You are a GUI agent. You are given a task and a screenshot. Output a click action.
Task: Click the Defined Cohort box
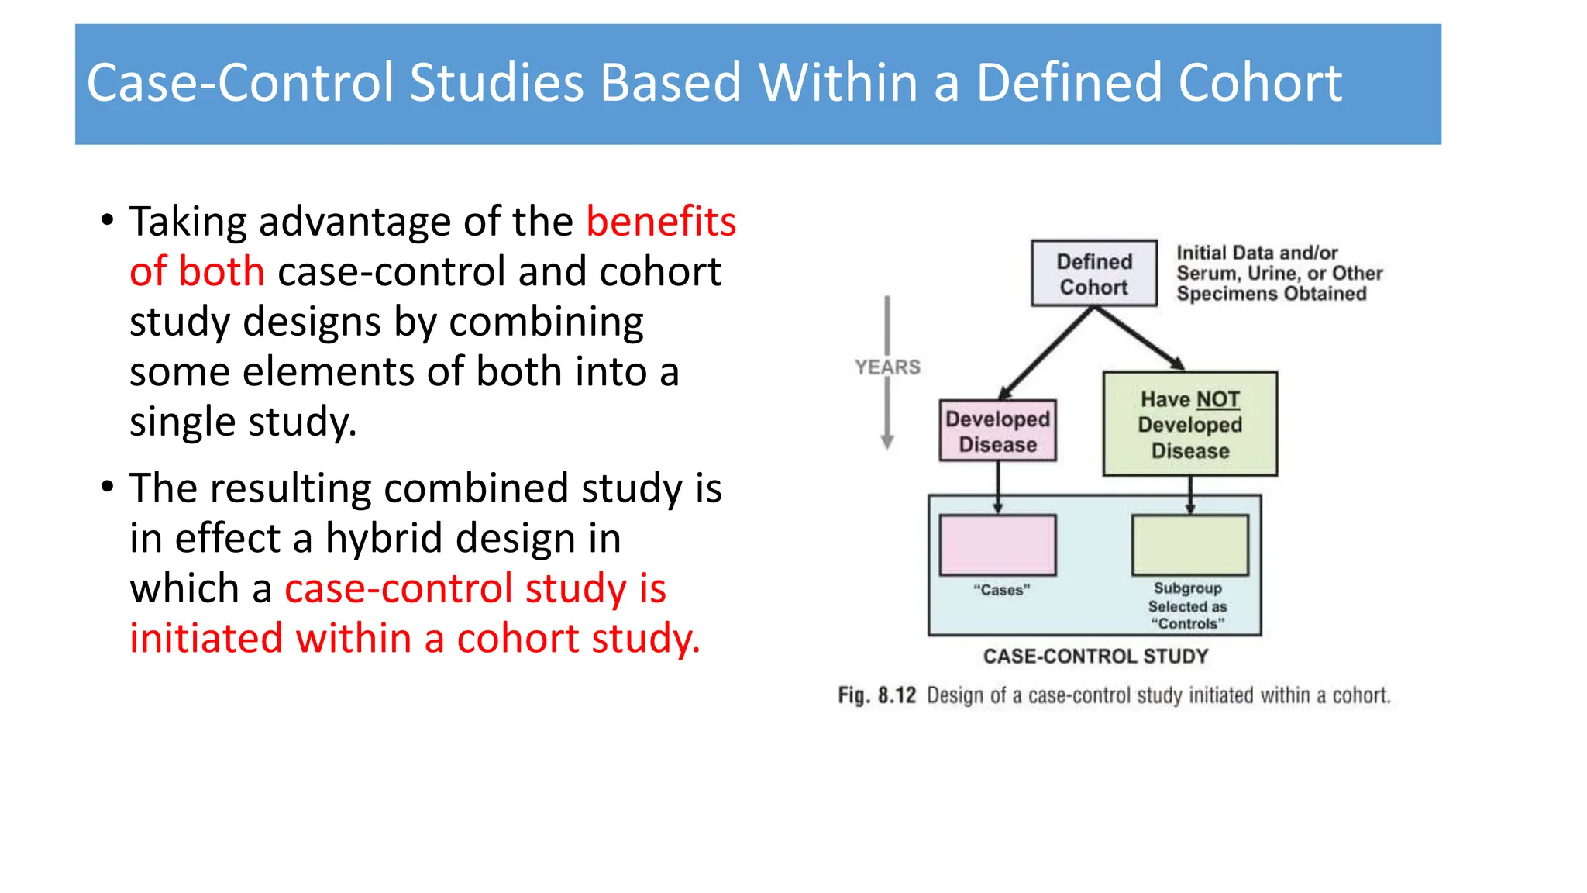[x=1093, y=274]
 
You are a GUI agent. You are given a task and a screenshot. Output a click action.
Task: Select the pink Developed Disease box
[x=997, y=431]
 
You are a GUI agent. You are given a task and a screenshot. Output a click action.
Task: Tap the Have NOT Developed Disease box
[x=1189, y=424]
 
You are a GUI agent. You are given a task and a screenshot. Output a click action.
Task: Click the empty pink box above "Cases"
[x=997, y=545]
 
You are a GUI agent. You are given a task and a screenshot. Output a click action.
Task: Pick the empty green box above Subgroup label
[x=1189, y=545]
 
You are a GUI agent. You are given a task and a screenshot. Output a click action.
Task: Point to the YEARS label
[x=887, y=367]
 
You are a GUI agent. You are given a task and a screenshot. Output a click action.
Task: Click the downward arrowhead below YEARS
[x=887, y=443]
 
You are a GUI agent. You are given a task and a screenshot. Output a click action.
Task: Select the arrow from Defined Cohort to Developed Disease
[x=1046, y=353]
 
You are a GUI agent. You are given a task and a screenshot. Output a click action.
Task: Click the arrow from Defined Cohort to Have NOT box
[x=1139, y=338]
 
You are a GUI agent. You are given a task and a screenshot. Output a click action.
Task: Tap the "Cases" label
[x=1001, y=590]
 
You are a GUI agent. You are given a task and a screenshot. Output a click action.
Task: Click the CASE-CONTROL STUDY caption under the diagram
[x=1096, y=657]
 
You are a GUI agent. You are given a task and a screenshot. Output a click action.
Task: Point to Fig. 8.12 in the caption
[x=876, y=695]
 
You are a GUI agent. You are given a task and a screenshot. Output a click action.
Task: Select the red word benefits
[x=660, y=222]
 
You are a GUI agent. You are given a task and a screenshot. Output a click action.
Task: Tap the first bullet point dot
[x=108, y=220]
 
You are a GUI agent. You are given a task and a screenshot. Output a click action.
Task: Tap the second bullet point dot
[x=108, y=487]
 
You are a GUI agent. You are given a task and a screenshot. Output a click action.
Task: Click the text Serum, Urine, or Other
[x=1279, y=274]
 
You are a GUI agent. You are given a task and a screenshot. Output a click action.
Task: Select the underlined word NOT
[x=1217, y=399]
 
